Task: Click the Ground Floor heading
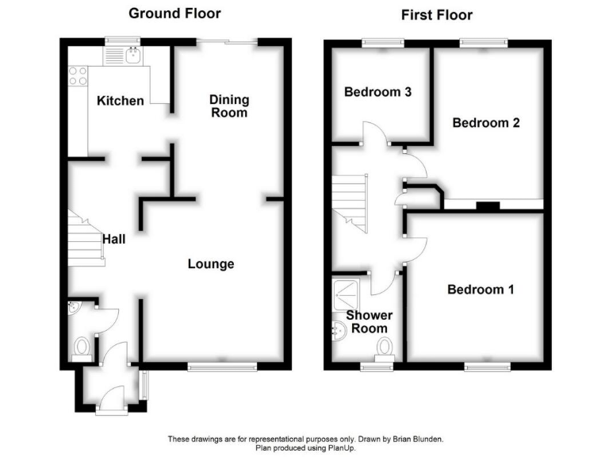click(x=174, y=13)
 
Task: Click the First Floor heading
click(x=436, y=14)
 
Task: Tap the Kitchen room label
click(x=121, y=101)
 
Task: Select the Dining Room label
click(x=229, y=106)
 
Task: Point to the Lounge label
click(x=210, y=263)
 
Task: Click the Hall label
click(x=113, y=237)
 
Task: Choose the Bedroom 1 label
click(x=481, y=290)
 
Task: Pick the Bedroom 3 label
click(x=377, y=92)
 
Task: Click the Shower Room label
click(x=370, y=321)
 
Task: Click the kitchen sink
click(x=131, y=54)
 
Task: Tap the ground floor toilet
click(x=82, y=348)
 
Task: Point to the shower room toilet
click(x=386, y=348)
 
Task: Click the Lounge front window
click(x=222, y=367)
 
